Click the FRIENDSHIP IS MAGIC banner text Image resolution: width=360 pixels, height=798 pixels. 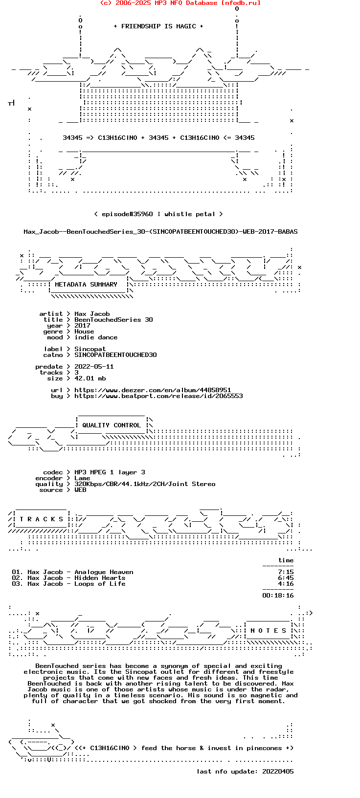[x=158, y=26]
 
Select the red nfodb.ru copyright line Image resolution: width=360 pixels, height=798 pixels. [x=180, y=3]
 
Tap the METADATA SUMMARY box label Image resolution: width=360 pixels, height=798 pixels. [x=86, y=285]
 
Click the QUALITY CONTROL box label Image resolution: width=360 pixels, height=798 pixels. [x=112, y=425]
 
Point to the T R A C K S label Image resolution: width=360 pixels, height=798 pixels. [x=42, y=519]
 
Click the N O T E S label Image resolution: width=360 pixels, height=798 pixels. [x=269, y=631]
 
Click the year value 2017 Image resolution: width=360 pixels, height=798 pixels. [x=82, y=326]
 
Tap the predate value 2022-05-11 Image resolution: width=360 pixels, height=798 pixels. [x=94, y=367]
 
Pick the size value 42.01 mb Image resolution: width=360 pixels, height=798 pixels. [x=90, y=378]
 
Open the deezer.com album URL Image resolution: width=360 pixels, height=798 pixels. [x=153, y=390]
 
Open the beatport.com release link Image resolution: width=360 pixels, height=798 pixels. [x=158, y=396]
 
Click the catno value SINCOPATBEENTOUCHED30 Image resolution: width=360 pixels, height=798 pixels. [x=115, y=355]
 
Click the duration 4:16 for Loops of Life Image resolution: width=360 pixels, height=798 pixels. [x=286, y=584]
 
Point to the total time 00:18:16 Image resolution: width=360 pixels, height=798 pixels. [x=278, y=596]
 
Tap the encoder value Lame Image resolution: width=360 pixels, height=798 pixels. [x=82, y=478]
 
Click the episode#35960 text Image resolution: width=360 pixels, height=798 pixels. [x=127, y=214]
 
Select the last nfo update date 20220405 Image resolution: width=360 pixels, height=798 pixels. [x=278, y=772]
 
